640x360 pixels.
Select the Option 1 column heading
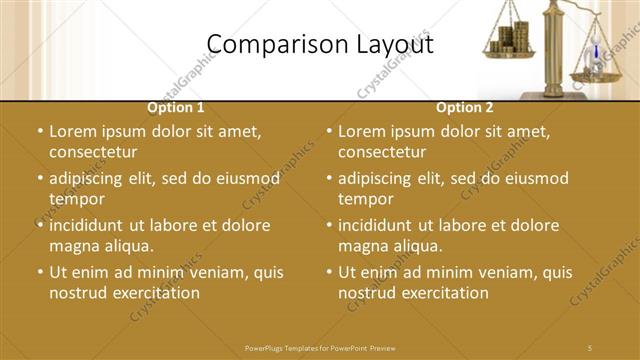point(176,107)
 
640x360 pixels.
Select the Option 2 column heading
point(465,107)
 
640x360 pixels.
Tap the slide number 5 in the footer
point(589,347)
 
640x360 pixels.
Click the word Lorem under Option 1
point(74,130)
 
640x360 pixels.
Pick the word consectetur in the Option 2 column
point(382,152)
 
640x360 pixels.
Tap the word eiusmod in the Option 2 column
point(534,178)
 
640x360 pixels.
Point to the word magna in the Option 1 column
point(73,246)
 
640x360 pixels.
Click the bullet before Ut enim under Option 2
point(331,272)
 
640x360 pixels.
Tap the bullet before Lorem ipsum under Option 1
point(40,131)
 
